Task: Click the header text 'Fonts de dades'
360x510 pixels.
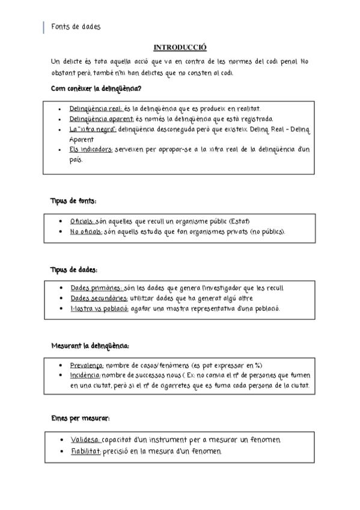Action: tap(76, 27)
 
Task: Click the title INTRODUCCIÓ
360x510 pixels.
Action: tap(180, 48)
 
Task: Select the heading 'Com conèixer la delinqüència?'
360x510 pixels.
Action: tap(96, 89)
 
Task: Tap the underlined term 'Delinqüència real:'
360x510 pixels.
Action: tap(96, 109)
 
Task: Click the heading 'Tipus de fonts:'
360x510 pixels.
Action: tap(73, 201)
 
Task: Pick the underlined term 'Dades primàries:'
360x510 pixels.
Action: tap(96, 288)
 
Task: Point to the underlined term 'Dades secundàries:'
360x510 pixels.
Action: tap(99, 298)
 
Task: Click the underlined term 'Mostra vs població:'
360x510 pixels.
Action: tap(99, 309)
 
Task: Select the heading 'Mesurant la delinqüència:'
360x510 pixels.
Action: tap(90, 346)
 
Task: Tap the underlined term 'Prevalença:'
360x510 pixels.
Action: tap(87, 365)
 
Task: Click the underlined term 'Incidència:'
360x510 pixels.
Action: tap(85, 375)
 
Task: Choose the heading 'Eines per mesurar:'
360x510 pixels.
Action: tap(80, 418)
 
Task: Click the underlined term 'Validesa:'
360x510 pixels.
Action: tap(85, 440)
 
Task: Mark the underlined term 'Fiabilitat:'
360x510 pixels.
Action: tap(85, 451)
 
